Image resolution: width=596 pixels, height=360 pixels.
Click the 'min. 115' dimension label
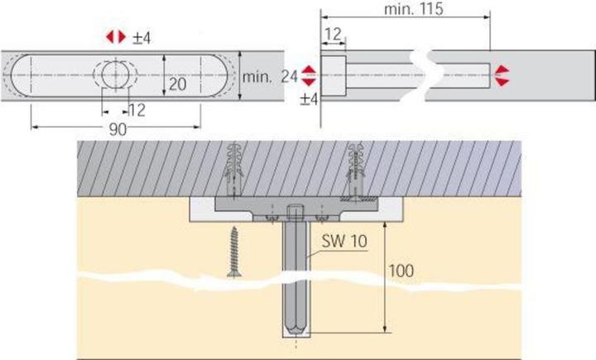[414, 9]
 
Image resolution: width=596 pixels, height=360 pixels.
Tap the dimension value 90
[118, 130]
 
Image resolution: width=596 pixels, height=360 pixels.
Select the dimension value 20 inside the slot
[177, 84]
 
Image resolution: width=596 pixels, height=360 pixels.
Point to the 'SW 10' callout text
[344, 241]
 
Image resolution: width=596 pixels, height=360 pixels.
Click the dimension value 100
[401, 271]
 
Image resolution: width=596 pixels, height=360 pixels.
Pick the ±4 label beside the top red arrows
[142, 38]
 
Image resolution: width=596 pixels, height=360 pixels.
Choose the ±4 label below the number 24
[309, 99]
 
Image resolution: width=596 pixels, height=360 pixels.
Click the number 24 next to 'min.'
[289, 77]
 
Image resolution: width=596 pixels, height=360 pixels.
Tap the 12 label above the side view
[334, 35]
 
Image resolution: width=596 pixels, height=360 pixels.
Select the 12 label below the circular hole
[137, 111]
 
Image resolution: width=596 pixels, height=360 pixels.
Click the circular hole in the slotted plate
[115, 74]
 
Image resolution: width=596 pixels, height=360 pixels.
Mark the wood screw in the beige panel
[234, 252]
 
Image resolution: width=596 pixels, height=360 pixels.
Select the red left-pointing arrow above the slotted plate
[110, 37]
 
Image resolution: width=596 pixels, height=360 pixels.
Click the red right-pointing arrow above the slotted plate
[122, 37]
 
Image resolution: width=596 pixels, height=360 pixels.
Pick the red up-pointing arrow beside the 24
[308, 70]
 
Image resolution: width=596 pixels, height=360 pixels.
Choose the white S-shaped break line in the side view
[425, 75]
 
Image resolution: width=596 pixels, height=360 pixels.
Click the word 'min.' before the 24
[257, 78]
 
